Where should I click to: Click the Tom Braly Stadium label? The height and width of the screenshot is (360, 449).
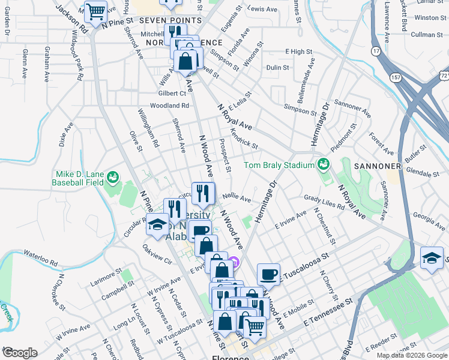point(279,165)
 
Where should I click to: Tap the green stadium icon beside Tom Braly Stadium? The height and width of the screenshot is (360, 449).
point(323,164)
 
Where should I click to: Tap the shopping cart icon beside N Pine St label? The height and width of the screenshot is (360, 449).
point(95,11)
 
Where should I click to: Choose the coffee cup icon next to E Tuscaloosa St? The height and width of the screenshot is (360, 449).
point(269,274)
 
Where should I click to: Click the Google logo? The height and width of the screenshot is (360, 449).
point(20,353)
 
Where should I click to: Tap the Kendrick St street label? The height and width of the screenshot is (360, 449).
point(244,139)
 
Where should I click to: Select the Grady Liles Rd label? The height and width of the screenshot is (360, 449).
point(324,202)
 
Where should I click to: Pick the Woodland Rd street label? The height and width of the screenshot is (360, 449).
point(170,106)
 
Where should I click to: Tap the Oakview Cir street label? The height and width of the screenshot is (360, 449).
point(157,254)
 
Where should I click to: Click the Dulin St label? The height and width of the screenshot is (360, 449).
point(278,68)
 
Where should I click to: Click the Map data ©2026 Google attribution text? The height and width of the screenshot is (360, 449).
point(411,355)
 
